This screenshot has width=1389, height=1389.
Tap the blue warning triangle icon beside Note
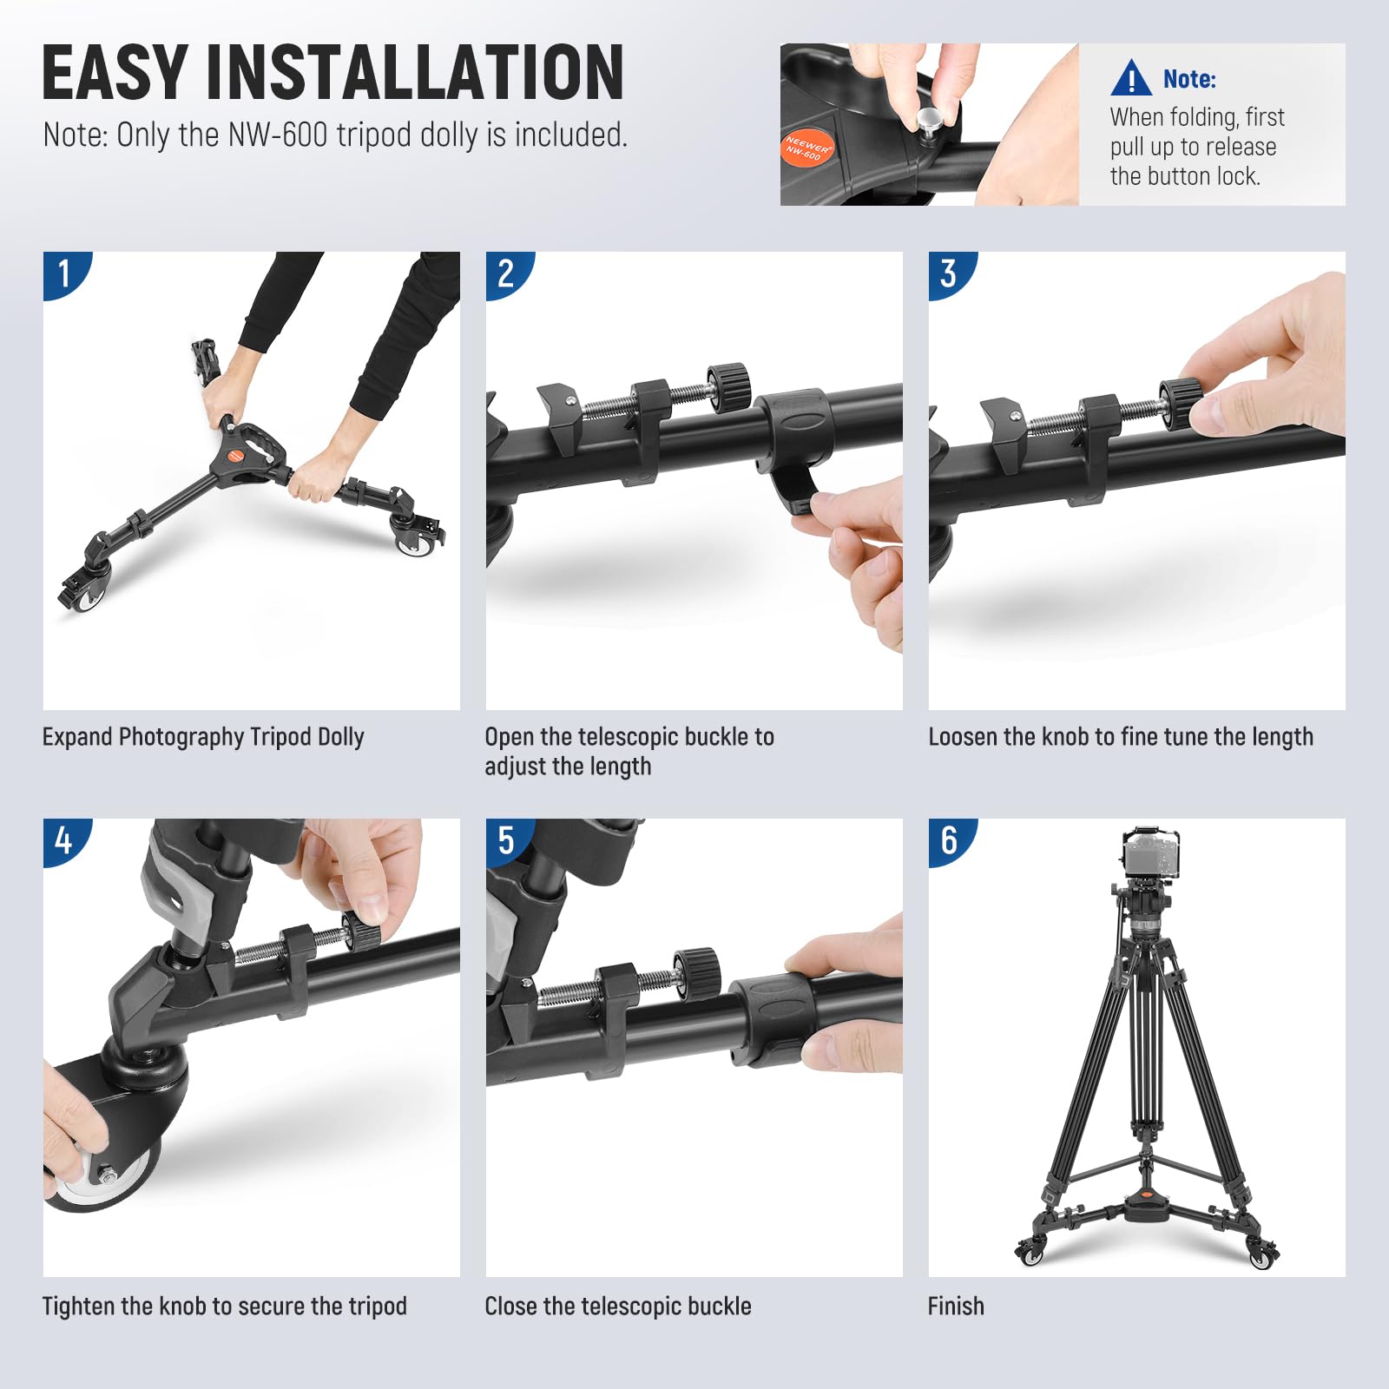point(1130,78)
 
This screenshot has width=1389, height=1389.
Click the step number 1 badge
point(64,273)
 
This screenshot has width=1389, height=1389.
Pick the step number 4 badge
point(64,839)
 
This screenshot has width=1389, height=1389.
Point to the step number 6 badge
point(949,839)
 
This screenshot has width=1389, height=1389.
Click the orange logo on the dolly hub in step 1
point(236,454)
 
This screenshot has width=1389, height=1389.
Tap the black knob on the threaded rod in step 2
point(728,386)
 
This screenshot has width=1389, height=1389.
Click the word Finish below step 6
point(956,1307)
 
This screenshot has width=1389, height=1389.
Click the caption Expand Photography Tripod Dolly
point(203,737)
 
